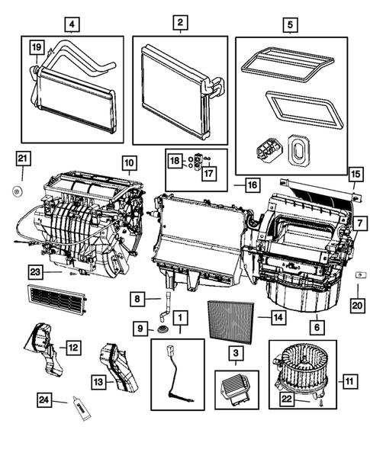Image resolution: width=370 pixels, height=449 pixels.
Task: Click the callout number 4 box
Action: click(x=72, y=23)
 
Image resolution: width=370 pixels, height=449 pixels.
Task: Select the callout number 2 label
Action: click(x=179, y=23)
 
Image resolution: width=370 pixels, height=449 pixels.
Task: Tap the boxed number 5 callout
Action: click(x=290, y=23)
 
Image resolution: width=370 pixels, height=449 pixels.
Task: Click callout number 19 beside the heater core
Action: click(x=35, y=48)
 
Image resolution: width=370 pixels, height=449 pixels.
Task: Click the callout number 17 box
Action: click(x=208, y=172)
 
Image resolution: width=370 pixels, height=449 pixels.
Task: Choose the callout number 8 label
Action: click(x=137, y=300)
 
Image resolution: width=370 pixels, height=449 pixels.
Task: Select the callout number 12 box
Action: click(x=72, y=348)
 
